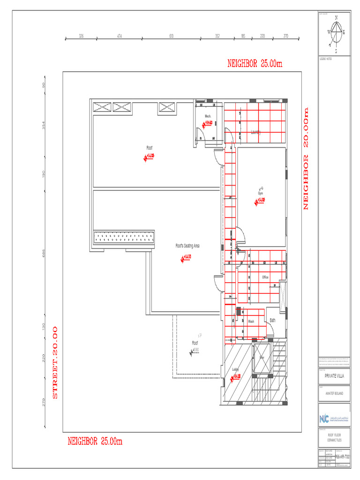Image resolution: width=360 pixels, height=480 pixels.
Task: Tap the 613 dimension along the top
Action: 172,36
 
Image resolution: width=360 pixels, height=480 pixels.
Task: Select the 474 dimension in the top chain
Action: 120,36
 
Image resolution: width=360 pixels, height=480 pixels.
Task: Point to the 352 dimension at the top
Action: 217,36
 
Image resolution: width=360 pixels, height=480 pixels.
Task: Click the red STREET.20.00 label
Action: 55,362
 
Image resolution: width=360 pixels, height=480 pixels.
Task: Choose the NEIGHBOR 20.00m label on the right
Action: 306,158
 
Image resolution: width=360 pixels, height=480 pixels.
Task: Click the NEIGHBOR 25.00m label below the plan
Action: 95,441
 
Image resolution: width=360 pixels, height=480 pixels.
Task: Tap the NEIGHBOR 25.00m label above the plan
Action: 255,63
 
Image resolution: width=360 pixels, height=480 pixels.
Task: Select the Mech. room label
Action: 208,116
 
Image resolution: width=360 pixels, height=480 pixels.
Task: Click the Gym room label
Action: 260,193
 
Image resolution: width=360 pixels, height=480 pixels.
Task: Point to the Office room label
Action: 265,277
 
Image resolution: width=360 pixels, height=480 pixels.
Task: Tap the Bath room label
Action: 272,320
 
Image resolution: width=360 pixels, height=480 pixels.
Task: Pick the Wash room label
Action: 251,322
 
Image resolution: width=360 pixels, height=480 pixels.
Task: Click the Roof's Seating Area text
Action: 187,246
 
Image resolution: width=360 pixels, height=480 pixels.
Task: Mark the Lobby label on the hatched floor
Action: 235,369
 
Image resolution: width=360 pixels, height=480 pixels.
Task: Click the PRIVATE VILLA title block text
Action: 334,376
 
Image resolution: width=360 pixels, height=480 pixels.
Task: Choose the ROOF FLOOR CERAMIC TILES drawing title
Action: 334,437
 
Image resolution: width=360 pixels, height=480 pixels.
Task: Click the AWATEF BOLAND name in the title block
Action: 334,394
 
